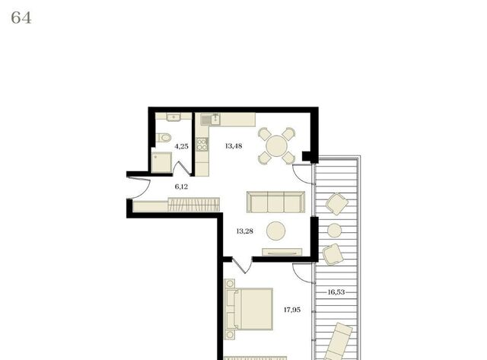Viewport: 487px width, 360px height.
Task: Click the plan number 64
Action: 21,18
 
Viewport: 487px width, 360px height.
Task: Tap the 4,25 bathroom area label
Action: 181,146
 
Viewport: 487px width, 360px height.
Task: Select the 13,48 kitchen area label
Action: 234,145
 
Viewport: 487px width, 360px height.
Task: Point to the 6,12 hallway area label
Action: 181,186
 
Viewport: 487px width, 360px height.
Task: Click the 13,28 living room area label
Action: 245,231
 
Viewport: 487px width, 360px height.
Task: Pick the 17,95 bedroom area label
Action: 292,309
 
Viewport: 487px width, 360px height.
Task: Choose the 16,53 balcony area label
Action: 336,292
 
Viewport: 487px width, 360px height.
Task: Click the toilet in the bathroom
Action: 164,137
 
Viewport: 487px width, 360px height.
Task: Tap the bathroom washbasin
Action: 173,117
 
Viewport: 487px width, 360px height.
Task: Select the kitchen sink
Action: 210,119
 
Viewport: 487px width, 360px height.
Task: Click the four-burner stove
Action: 202,145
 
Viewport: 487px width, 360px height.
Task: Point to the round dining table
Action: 276,146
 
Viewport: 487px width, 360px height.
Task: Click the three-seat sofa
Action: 275,202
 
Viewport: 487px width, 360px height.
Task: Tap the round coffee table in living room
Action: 275,231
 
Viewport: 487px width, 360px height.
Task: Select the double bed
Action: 249,309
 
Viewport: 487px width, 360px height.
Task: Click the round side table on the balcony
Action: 335,231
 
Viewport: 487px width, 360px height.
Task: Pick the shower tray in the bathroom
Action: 161,162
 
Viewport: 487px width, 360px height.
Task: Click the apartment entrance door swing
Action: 138,187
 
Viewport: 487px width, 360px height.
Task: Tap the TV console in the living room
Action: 282,252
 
